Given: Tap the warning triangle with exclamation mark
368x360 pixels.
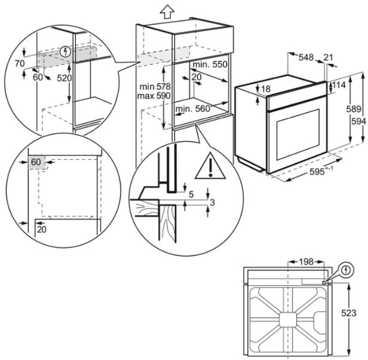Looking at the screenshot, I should (210, 166).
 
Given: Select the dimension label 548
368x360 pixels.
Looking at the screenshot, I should (306, 57).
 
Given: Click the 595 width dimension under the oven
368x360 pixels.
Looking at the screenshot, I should (317, 172).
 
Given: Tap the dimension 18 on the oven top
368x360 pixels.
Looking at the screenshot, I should (265, 89).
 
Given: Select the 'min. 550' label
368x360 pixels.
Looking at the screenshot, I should (210, 64).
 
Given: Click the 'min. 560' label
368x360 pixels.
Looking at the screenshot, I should (194, 109).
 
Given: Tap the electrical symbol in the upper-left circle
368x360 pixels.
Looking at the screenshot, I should (66, 51).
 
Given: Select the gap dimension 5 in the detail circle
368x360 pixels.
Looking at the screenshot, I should (191, 194).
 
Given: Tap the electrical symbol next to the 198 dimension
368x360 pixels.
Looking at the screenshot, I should (346, 271).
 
